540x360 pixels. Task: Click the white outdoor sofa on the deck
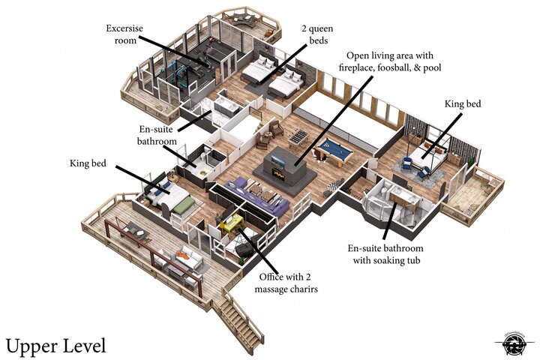(187, 262)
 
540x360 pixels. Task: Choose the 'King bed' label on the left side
(88, 162)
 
